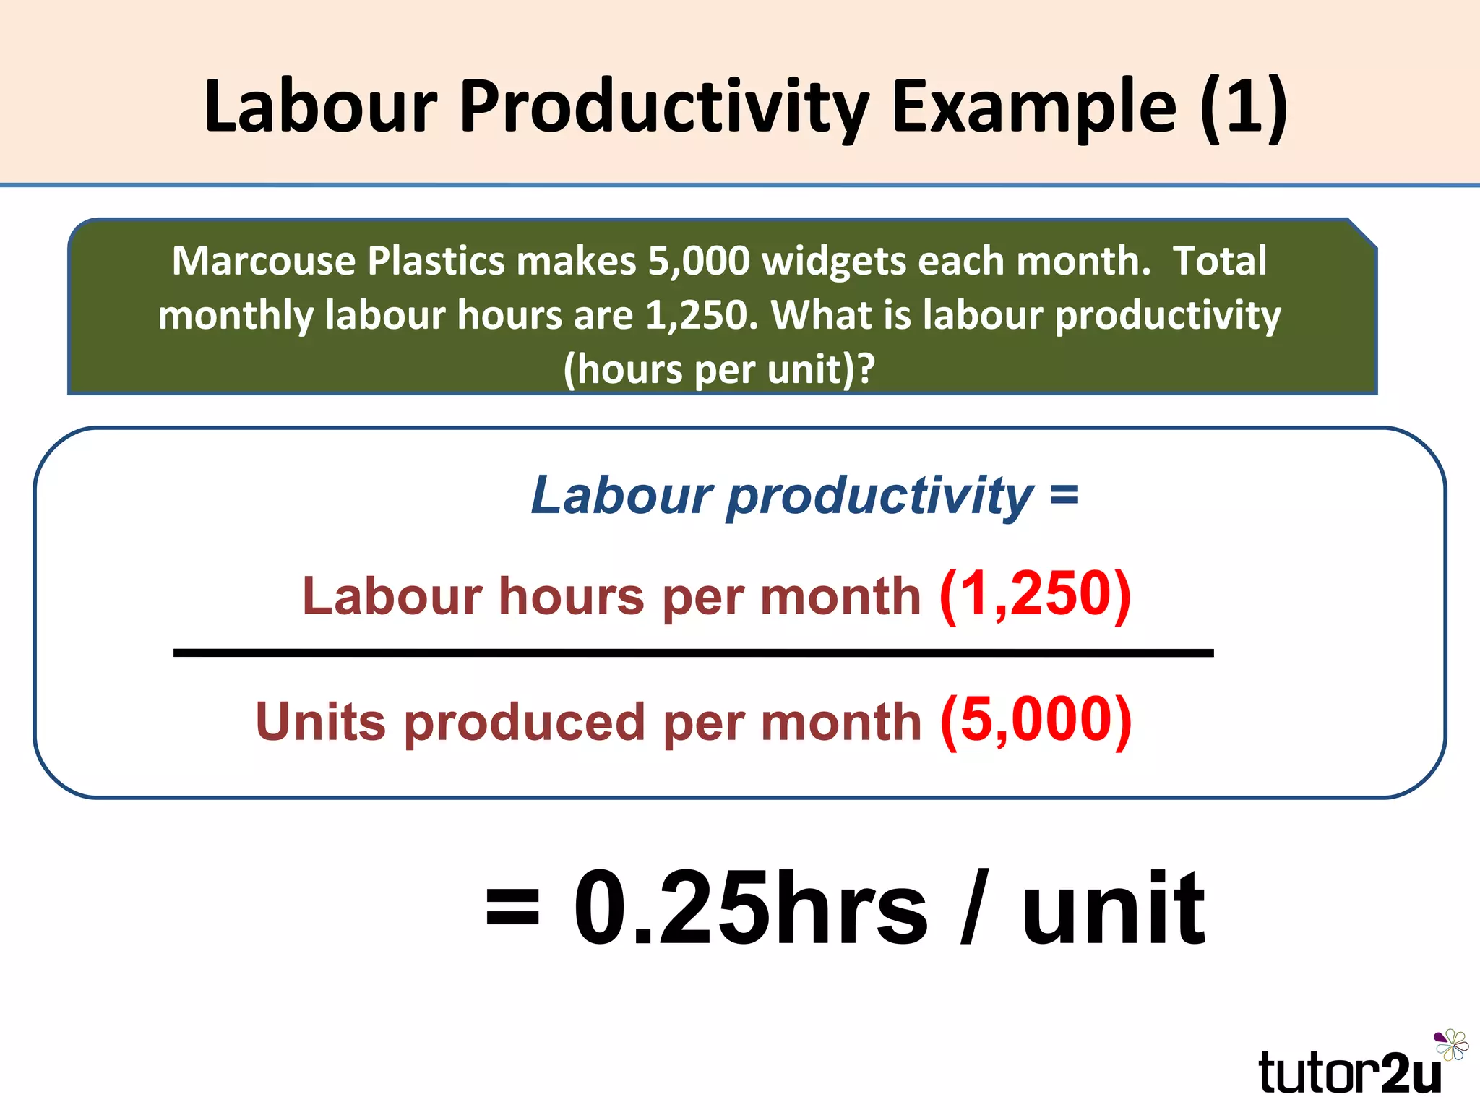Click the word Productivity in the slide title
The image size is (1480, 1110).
[x=663, y=107]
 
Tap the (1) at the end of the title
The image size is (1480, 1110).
[x=1243, y=107]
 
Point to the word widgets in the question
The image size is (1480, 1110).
[x=834, y=261]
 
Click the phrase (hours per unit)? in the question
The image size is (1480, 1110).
[x=719, y=369]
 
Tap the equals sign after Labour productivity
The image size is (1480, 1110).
[x=1064, y=496]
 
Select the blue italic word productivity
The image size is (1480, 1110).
[x=879, y=496]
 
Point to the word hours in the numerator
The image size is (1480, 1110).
[x=571, y=597]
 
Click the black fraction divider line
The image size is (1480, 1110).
[x=693, y=653]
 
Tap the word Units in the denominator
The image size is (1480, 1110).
[x=321, y=722]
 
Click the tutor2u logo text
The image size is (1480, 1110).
[x=1349, y=1072]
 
